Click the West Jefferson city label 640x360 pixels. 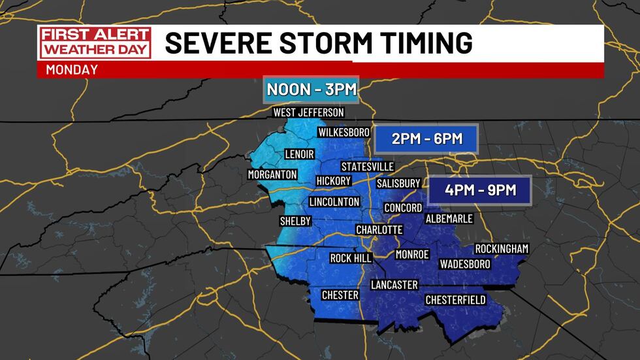tap(308, 113)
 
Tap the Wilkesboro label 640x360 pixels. tap(344, 133)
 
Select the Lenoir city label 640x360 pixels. tap(300, 154)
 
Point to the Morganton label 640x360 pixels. tap(272, 174)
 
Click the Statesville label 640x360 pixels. tap(368, 167)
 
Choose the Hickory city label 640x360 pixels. tap(333, 181)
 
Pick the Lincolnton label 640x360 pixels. tap(334, 201)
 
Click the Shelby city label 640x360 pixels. tap(295, 221)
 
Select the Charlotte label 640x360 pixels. tap(379, 230)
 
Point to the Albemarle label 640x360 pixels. tap(449, 218)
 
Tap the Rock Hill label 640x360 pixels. tap(351, 258)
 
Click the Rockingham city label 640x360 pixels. tap(502, 249)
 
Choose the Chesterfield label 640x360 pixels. tap(455, 299)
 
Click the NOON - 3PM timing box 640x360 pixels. tap(311, 90)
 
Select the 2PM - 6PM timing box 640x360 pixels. tap(427, 139)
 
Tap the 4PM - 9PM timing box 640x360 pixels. tap(481, 190)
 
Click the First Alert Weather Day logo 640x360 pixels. tap(95, 42)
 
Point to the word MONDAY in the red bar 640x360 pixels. tap(72, 69)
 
